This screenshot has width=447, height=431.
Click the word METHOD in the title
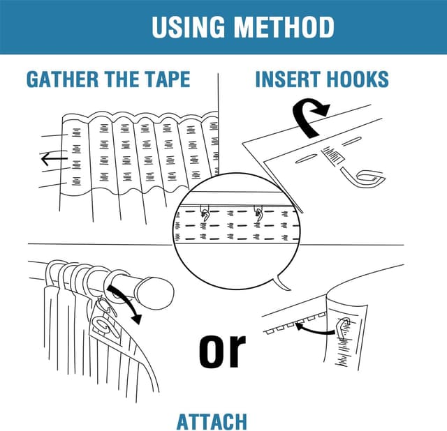[283, 27]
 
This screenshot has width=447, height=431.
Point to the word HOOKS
[356, 79]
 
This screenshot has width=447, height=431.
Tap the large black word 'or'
[223, 351]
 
